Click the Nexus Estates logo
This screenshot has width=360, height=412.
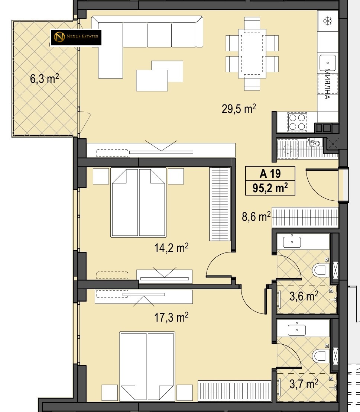point(76,37)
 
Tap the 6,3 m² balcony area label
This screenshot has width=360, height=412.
point(44,78)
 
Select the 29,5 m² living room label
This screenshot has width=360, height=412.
point(239,109)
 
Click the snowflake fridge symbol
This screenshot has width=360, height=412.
point(327,21)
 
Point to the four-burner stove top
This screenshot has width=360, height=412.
point(297,122)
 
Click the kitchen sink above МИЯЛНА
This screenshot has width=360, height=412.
point(327,63)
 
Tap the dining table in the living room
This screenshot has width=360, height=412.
point(252,53)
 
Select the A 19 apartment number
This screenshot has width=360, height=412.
point(270,173)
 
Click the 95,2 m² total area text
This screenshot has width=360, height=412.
point(270,188)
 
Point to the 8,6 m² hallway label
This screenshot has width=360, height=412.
point(256,217)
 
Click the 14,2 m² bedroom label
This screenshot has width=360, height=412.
point(171,248)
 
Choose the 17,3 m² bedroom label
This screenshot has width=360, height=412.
point(171,318)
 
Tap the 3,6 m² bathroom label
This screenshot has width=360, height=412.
point(304,296)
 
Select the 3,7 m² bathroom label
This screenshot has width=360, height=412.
point(304,384)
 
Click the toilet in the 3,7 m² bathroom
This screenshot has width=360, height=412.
point(321,356)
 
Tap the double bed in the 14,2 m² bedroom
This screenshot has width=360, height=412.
point(138,202)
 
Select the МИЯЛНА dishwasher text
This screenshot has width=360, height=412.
point(327,84)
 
